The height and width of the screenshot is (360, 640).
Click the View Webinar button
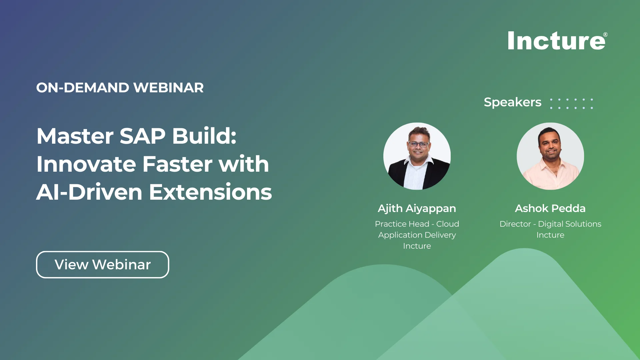102,265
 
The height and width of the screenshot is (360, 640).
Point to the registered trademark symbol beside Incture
605,35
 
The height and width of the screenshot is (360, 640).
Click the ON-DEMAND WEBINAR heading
120,88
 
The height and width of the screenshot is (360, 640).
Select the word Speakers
512,102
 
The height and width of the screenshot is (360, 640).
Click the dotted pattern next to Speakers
571,103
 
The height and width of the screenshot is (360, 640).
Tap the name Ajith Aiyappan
417,208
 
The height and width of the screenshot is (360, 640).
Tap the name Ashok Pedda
550,208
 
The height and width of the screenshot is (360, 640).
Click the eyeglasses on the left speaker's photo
419,144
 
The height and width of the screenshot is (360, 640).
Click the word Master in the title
75,136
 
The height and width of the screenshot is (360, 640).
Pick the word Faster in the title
177,164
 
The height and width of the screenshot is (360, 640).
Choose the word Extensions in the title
210,192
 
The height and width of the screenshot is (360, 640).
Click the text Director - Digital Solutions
550,224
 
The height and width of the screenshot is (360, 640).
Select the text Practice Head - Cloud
417,224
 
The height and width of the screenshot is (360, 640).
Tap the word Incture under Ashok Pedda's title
550,235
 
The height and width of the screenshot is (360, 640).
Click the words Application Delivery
417,235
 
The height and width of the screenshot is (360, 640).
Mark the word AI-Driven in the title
89,192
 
